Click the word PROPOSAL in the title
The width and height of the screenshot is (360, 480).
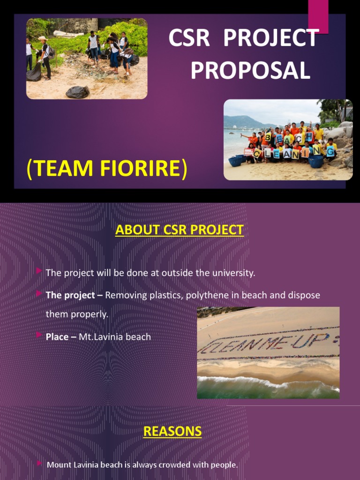pos(250,70)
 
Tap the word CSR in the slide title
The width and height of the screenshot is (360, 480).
pos(192,38)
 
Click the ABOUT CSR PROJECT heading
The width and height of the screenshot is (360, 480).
pos(180,230)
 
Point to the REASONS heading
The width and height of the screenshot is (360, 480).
pos(172,431)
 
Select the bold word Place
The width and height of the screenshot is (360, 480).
pos(57,337)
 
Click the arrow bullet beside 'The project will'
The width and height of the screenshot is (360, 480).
pos(39,271)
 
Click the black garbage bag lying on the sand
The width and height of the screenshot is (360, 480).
pos(77,92)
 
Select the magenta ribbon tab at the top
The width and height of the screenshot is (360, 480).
pos(318,16)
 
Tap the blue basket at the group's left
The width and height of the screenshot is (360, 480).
pos(235,161)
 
